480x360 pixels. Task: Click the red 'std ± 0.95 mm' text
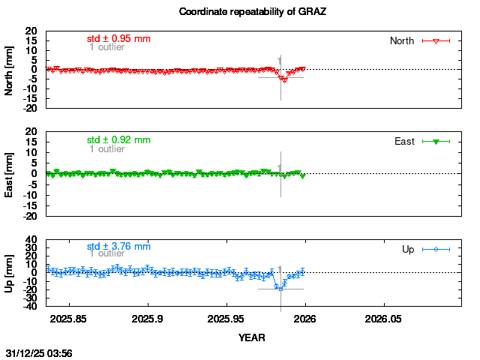click(x=118, y=37)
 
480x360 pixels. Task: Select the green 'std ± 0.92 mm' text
click(x=118, y=139)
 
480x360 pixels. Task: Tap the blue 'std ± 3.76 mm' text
click(x=118, y=246)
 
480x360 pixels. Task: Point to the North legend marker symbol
click(x=436, y=40)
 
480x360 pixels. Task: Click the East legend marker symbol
click(x=436, y=141)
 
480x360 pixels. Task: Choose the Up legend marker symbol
click(x=436, y=249)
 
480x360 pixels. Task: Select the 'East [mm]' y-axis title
click(x=10, y=174)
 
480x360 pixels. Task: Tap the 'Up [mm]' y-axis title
click(x=10, y=273)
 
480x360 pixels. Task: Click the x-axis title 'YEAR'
click(x=252, y=337)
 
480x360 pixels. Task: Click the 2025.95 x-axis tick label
click(x=226, y=318)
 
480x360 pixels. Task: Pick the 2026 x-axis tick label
click(x=304, y=318)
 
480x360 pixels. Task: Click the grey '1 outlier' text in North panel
click(x=106, y=47)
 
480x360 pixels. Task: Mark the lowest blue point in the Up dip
click(x=280, y=289)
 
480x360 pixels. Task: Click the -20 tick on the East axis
click(x=30, y=216)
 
